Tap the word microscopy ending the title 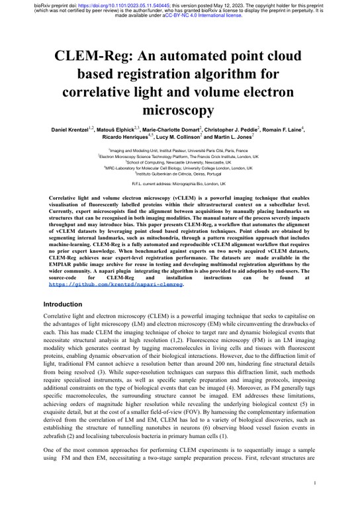click(x=179, y=108)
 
